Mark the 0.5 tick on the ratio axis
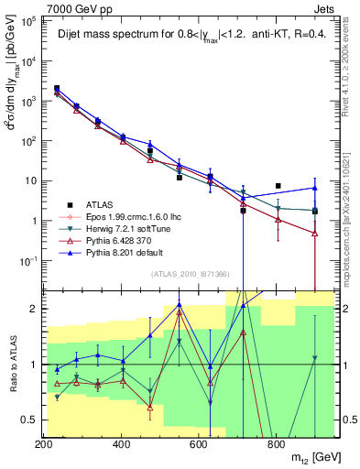27,420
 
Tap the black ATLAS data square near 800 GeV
278,186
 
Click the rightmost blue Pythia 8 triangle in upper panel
314,188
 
